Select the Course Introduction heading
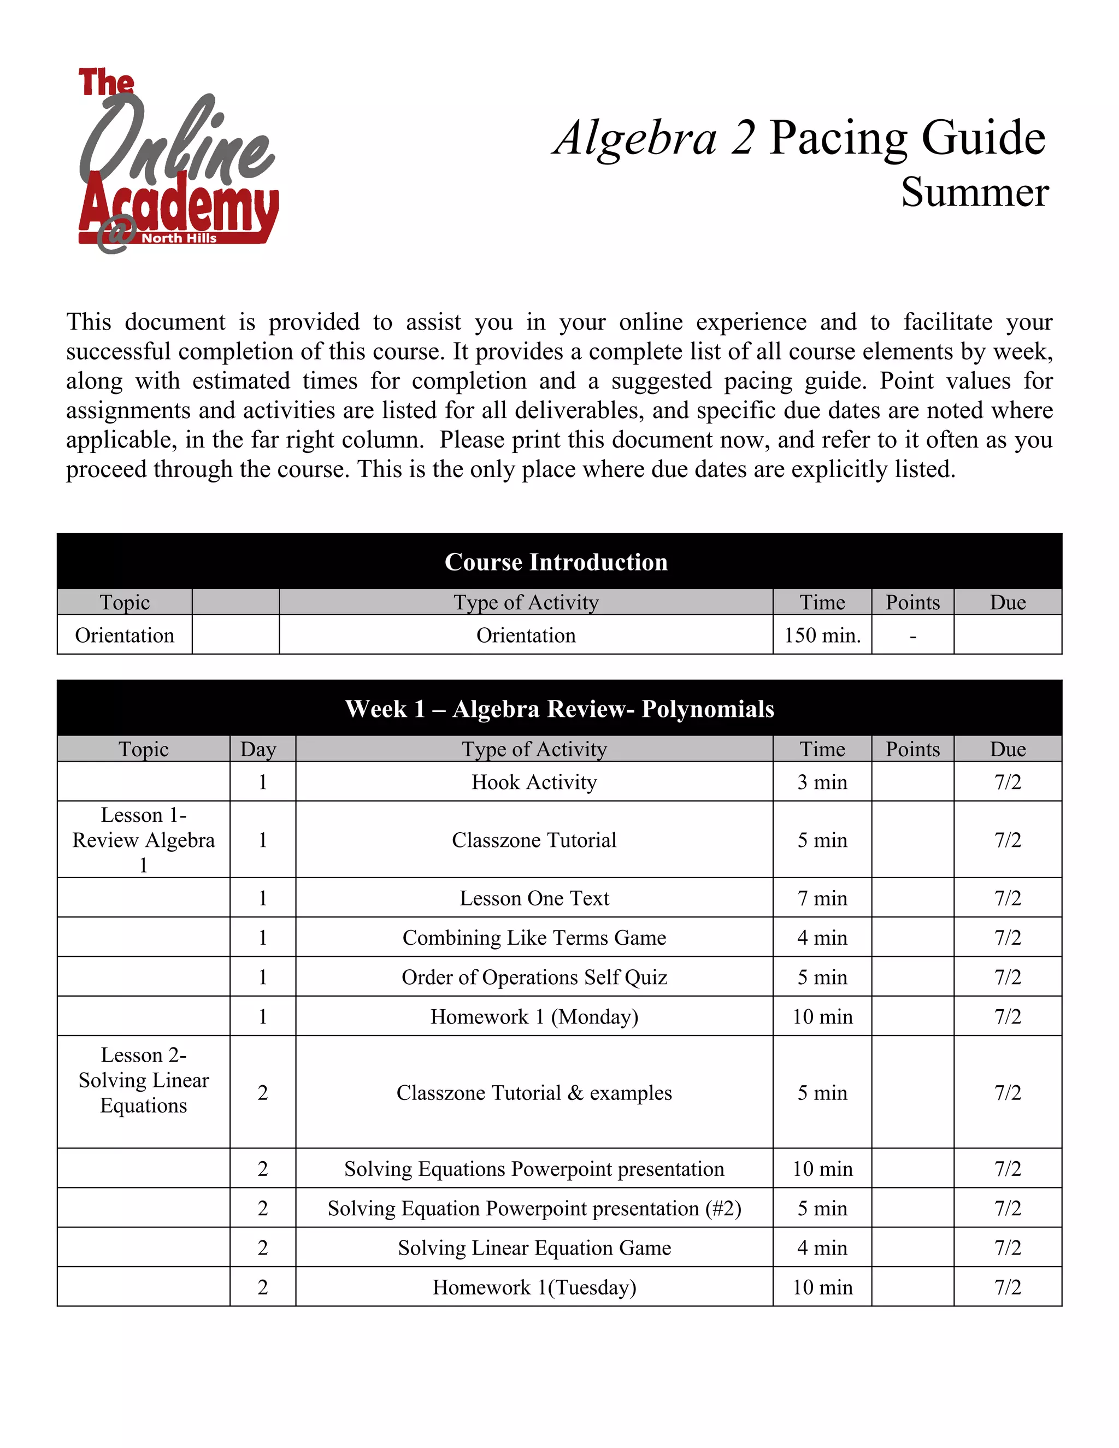tap(556, 562)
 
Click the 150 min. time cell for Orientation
tap(822, 635)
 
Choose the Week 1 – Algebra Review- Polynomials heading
tap(559, 709)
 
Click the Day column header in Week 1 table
tap(258, 749)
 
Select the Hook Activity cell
tap(534, 782)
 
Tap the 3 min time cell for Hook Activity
tap(822, 782)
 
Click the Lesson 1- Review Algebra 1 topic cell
tap(143, 840)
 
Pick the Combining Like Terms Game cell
tap(534, 938)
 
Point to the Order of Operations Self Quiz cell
tap(534, 978)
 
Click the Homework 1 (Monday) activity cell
tap(534, 1016)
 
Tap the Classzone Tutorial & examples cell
tap(534, 1093)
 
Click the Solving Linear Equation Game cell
tap(534, 1248)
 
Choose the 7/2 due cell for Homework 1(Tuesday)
tap(1008, 1287)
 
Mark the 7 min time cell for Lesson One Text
tap(822, 898)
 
